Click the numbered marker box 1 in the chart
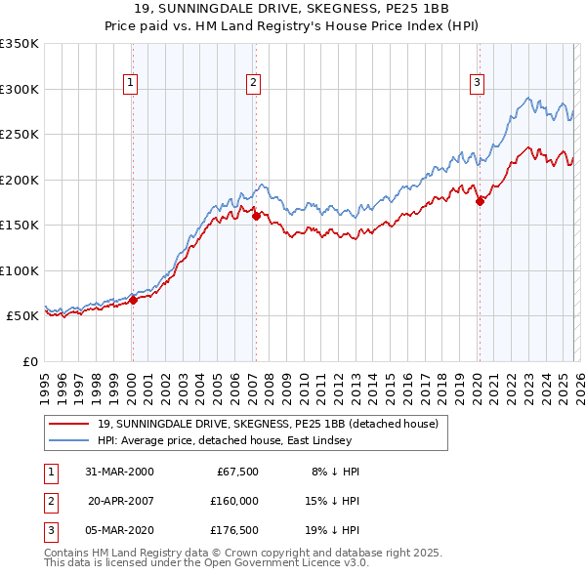(131, 84)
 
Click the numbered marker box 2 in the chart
(253, 84)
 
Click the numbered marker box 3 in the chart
(478, 84)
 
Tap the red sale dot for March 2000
(134, 300)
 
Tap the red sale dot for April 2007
(256, 217)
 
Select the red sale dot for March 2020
(480, 202)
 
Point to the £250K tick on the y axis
(20, 135)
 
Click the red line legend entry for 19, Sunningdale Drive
(273, 424)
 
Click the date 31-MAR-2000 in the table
(119, 472)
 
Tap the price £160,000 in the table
(233, 501)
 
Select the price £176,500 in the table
(233, 530)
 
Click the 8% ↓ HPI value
(335, 472)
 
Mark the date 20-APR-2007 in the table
(119, 501)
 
